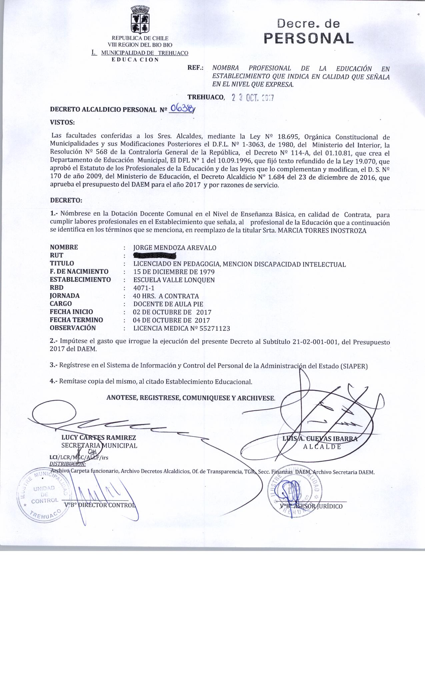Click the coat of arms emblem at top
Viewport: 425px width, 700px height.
click(140, 20)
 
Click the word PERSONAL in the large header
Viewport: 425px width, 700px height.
click(308, 38)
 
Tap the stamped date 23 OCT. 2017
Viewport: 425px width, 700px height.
click(253, 98)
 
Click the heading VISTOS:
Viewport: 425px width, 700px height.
click(62, 122)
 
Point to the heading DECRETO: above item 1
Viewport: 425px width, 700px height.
click(66, 201)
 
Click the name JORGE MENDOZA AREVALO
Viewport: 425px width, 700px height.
click(175, 248)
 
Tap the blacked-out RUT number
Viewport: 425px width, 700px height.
click(154, 256)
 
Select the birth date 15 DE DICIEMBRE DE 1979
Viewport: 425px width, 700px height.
click(174, 272)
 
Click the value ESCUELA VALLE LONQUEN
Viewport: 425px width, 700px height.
click(174, 280)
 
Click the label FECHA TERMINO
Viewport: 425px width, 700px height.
click(76, 320)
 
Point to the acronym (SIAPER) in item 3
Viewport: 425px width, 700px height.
click(354, 366)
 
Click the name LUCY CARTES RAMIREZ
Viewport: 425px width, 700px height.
click(99, 438)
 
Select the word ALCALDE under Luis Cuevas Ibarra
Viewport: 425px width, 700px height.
click(322, 447)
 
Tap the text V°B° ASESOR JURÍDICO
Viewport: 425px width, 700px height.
click(311, 506)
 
